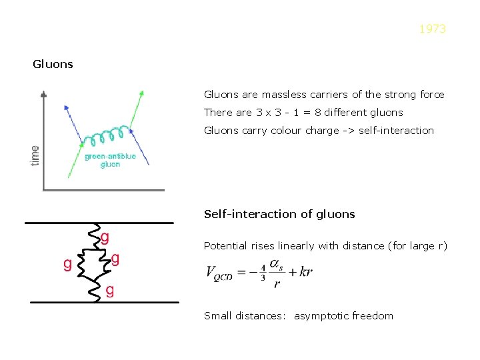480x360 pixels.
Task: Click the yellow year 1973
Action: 433,29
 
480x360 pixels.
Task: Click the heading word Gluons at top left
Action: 53,65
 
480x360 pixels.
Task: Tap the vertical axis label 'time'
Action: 34,155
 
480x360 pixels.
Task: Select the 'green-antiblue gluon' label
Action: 110,161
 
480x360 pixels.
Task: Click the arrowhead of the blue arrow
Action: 65,106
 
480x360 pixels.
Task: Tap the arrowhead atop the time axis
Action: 44,93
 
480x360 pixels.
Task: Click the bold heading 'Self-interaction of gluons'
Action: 279,215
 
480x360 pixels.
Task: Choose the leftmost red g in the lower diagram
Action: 67,265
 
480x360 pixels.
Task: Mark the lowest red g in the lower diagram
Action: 109,290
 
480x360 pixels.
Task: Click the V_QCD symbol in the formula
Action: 219,273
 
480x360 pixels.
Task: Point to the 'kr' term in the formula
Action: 306,272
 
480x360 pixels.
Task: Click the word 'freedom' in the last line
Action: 373,316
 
